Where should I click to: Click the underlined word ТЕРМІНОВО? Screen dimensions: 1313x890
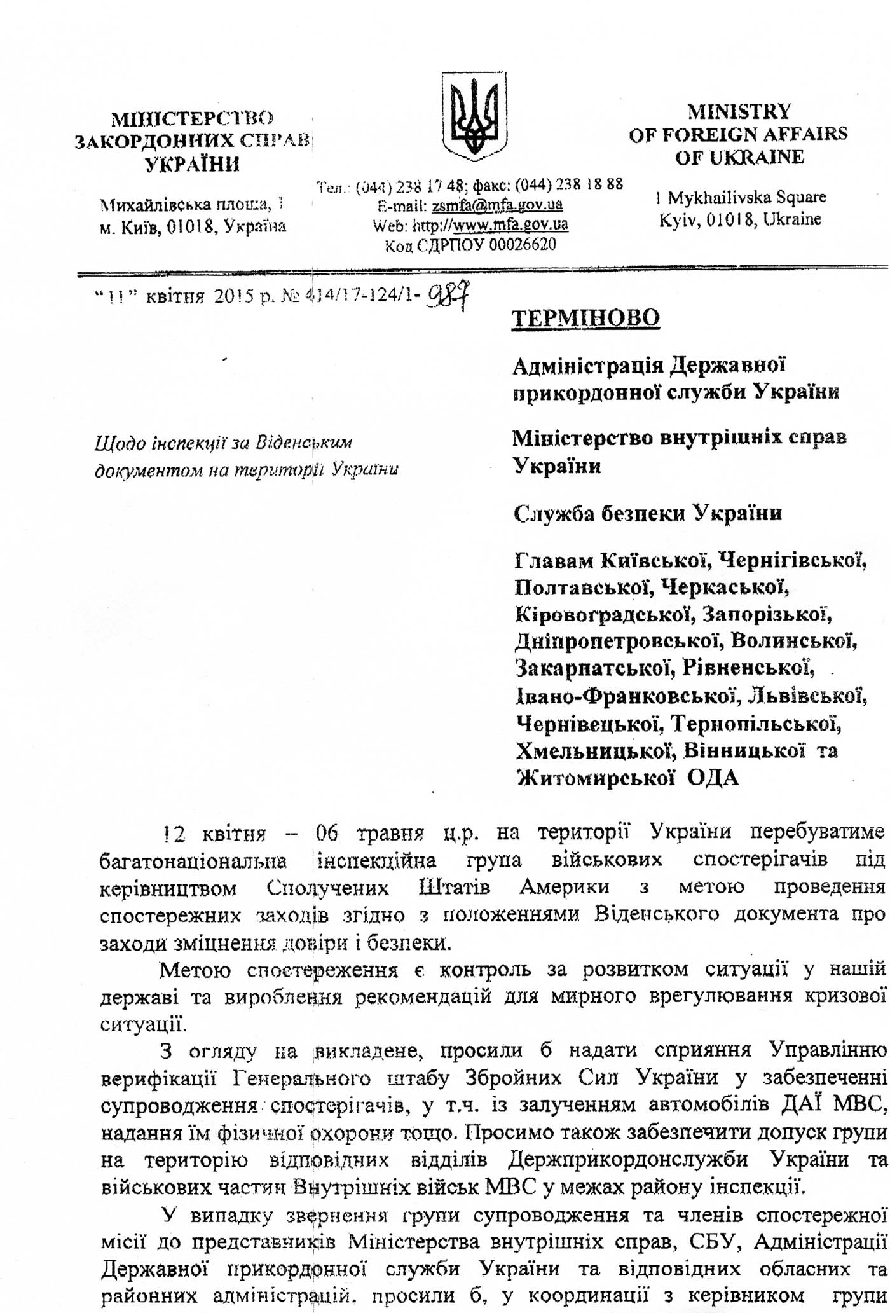click(x=585, y=317)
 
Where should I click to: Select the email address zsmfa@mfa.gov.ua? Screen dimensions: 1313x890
click(x=497, y=205)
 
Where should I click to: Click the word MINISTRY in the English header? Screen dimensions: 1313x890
click(x=739, y=112)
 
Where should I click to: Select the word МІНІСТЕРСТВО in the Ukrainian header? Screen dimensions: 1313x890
click(x=193, y=118)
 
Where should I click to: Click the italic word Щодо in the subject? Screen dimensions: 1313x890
click(x=113, y=443)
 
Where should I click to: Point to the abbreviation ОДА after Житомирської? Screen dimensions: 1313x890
click(x=714, y=778)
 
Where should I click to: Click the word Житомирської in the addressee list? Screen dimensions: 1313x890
click(x=595, y=778)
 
